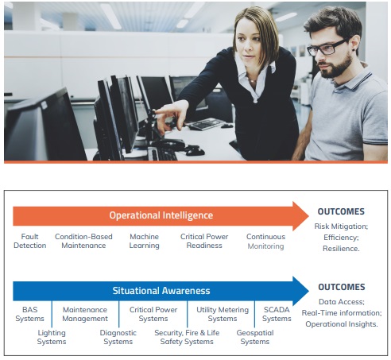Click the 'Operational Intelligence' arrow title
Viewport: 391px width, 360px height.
coord(161,215)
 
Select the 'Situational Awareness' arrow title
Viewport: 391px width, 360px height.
coord(161,291)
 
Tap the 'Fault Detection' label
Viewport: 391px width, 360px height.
coord(29,241)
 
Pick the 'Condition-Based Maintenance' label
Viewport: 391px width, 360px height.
coord(83,241)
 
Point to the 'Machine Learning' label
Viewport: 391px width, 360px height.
coord(144,241)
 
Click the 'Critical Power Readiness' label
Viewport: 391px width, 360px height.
coord(204,241)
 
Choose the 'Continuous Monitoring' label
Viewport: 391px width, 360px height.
coord(265,241)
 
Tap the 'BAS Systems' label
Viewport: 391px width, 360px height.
coord(29,314)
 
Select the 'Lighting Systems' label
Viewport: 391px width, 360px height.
coord(52,337)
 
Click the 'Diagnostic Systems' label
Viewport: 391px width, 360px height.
coord(118,337)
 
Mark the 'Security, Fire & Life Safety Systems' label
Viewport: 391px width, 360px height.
coord(187,337)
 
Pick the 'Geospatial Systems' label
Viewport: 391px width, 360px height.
coord(255,337)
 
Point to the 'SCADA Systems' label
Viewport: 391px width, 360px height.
coord(277,314)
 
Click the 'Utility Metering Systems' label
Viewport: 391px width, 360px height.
coord(223,314)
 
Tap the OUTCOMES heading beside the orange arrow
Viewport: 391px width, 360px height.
coord(341,211)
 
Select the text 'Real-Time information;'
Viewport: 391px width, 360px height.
coord(342,313)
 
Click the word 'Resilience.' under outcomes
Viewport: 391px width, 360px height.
coord(341,249)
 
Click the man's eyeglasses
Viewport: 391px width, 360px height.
coord(328,47)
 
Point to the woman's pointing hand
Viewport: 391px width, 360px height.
coord(169,117)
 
